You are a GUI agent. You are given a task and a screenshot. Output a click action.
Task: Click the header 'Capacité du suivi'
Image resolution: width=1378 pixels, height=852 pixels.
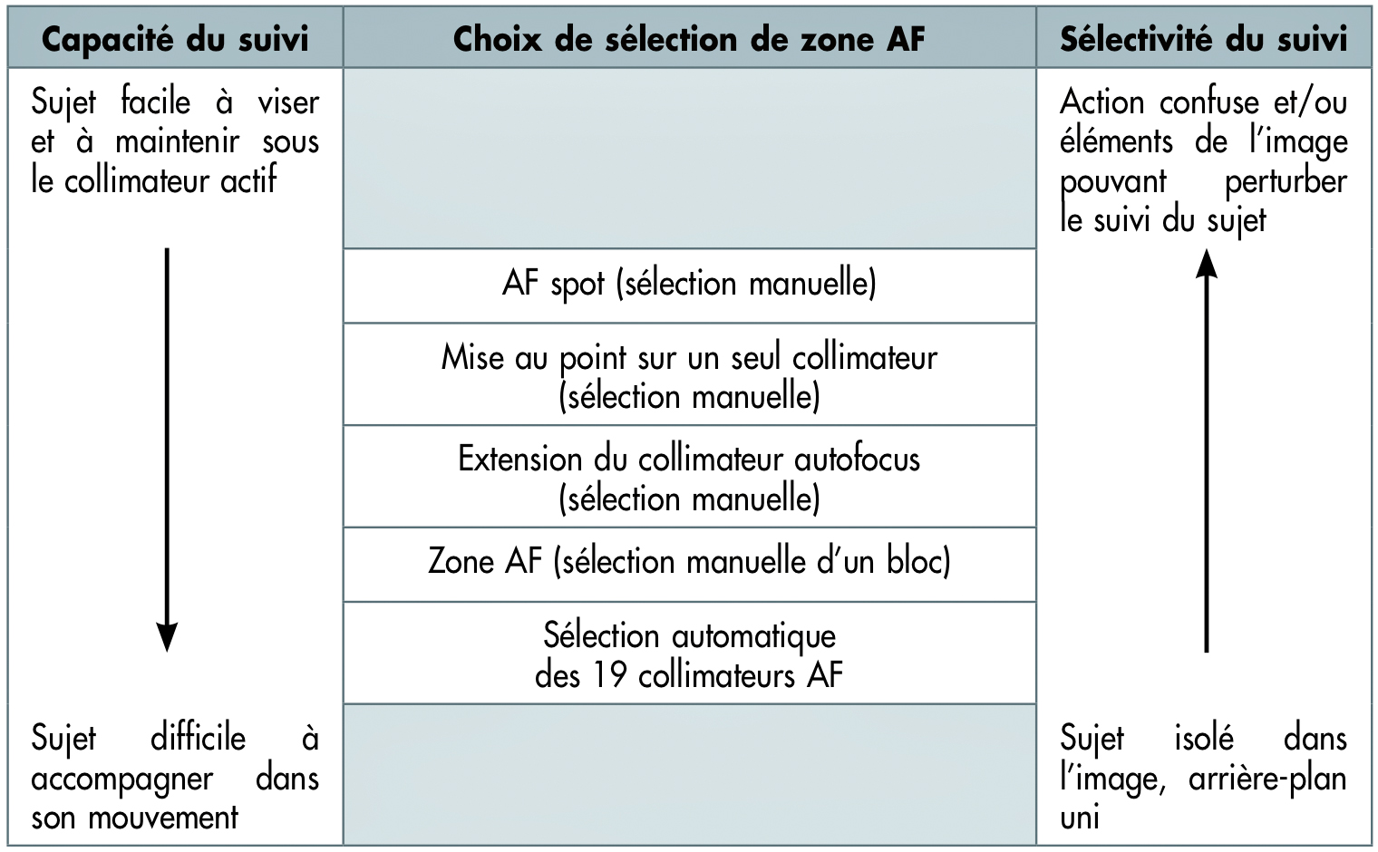175,39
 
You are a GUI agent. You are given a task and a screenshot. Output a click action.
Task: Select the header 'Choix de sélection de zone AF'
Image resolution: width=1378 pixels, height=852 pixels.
689,39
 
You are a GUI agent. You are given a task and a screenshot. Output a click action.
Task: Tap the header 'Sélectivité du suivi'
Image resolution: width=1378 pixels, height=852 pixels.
1203,39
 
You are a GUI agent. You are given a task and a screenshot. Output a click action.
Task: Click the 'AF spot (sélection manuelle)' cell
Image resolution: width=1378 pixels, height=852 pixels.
689,286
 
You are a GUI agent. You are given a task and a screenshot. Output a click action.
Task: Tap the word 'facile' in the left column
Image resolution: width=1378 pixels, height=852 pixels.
156,102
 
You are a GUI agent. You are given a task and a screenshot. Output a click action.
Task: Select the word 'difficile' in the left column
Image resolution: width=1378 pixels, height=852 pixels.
198,738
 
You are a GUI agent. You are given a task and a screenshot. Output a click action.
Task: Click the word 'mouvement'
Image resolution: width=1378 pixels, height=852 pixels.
163,818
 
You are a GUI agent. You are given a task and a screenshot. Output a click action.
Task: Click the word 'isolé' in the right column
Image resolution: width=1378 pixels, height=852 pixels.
1204,738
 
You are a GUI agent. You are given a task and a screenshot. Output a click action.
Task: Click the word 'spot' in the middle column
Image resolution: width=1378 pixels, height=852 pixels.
577,286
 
